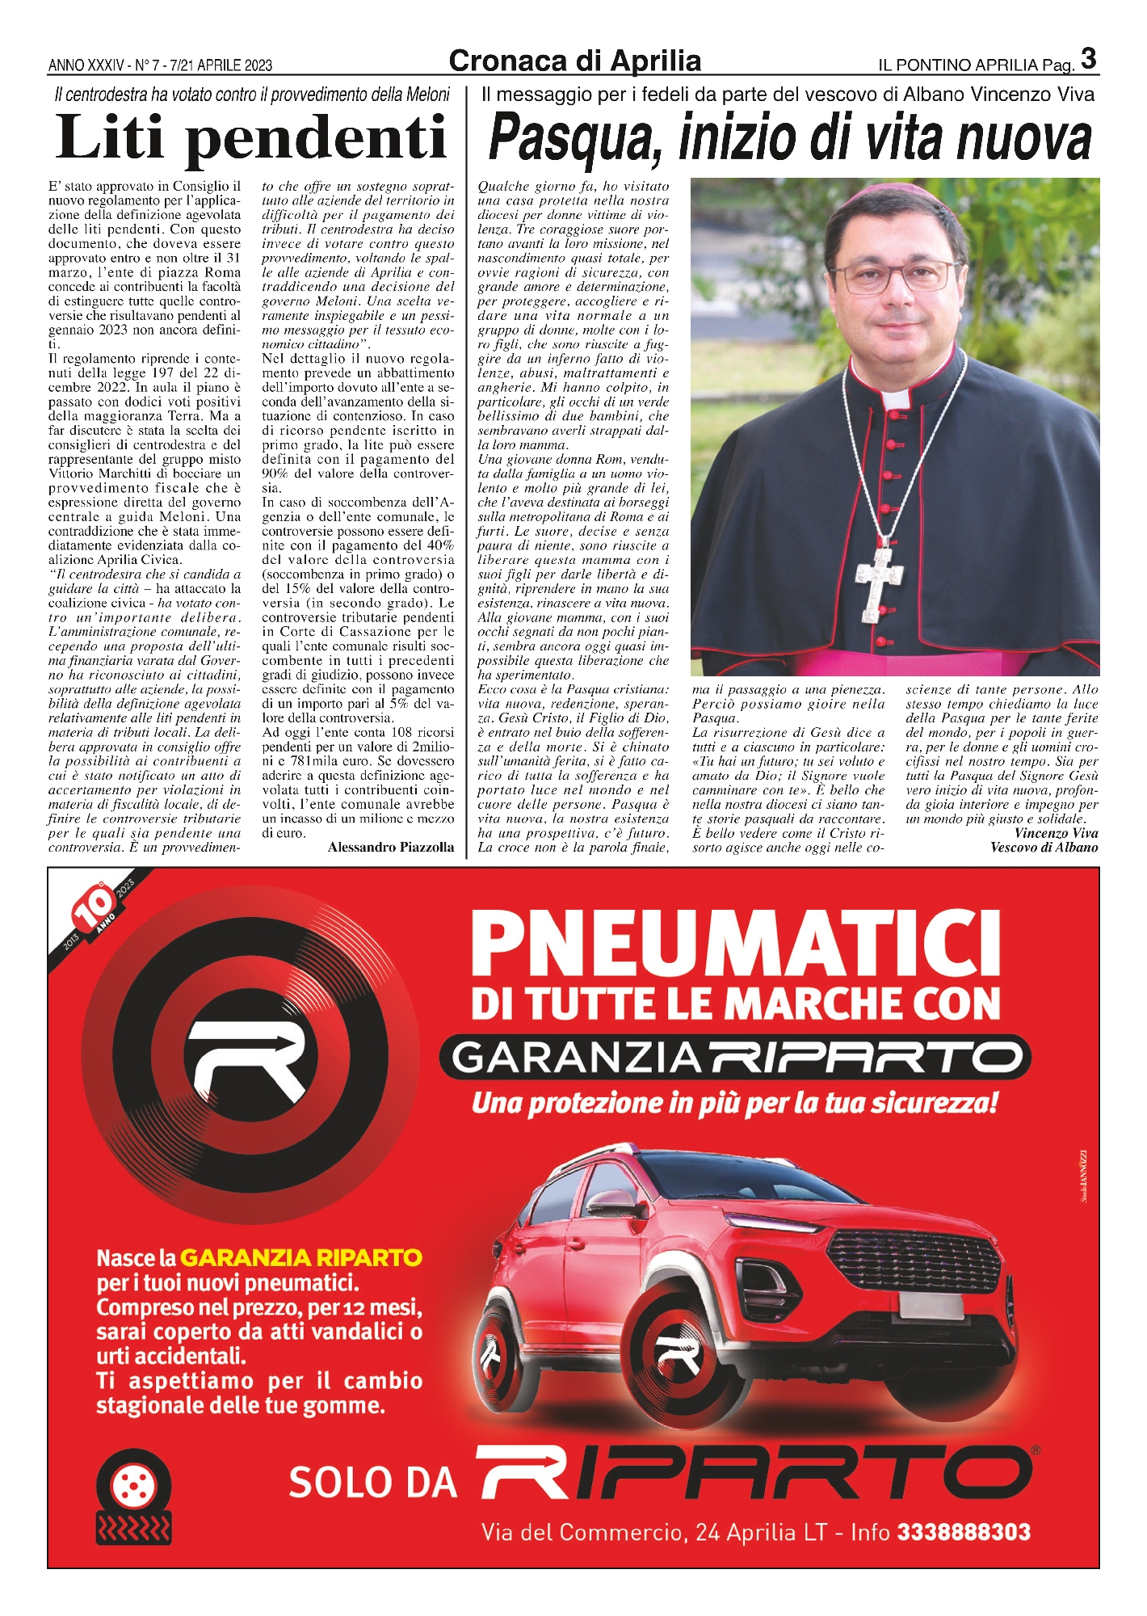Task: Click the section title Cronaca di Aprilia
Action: coord(574,61)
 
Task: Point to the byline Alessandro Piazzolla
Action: coord(391,847)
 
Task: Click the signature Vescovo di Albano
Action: coord(1044,847)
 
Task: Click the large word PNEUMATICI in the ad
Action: coord(735,945)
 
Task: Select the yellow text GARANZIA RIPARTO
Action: coord(300,1257)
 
